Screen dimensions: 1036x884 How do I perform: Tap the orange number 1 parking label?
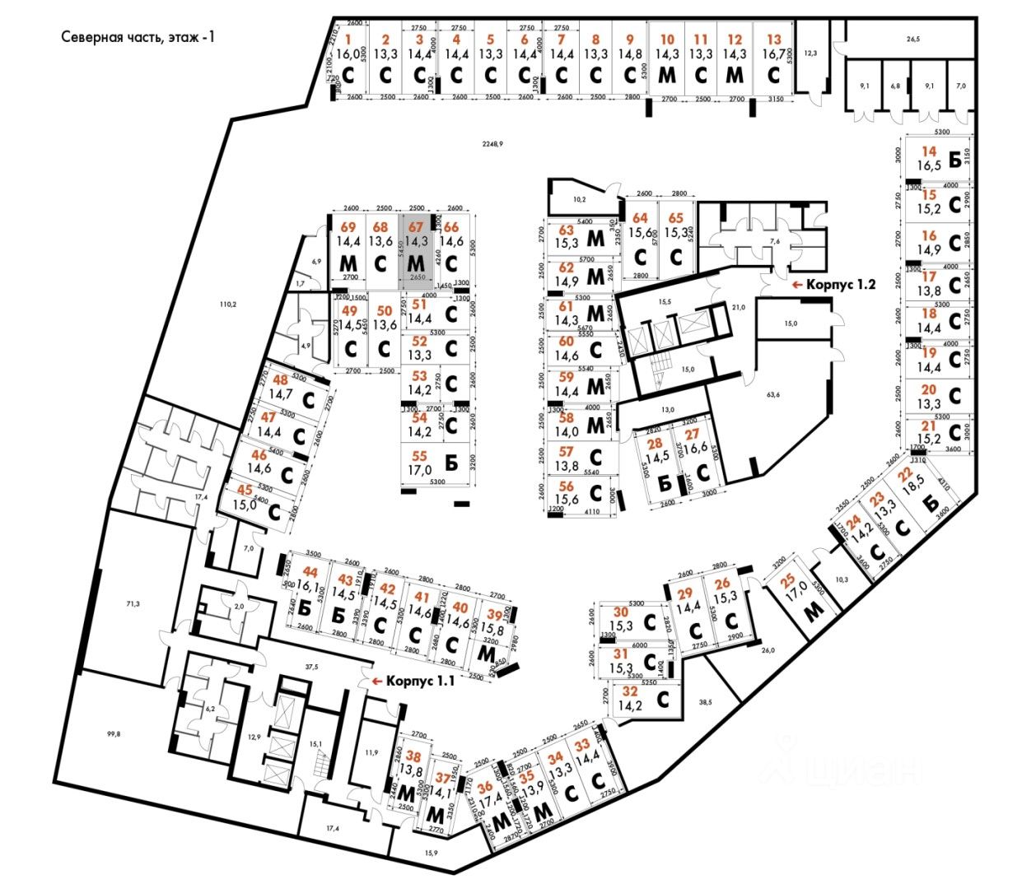348,39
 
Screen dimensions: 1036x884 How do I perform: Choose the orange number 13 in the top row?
773,39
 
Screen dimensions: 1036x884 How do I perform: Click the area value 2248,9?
492,143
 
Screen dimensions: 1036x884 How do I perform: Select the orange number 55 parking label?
419,456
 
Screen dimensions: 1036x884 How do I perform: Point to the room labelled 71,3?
133,604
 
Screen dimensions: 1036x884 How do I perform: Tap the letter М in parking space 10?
666,74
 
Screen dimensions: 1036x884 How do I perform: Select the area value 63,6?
772,395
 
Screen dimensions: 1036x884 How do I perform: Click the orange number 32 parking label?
629,691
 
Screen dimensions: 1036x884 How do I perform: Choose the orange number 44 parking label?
310,571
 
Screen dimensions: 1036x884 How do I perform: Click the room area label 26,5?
912,38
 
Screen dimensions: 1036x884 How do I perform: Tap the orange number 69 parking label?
348,227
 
